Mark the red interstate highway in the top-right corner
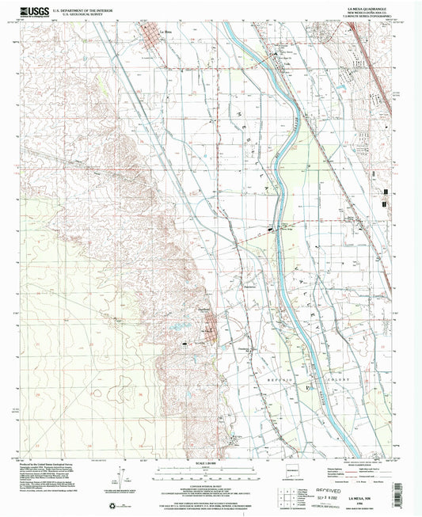click(x=378, y=48)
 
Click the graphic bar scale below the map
click(x=211, y=470)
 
